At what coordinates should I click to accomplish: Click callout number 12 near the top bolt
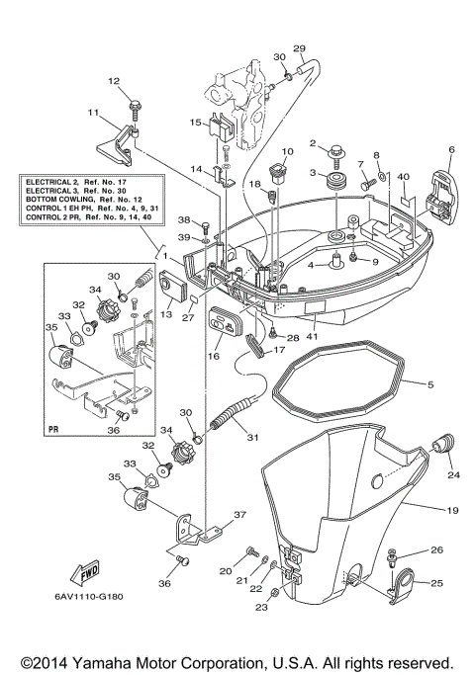113,81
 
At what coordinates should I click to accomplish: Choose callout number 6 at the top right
451,150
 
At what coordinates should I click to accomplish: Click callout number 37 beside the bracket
238,514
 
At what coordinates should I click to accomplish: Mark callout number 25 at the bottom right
437,584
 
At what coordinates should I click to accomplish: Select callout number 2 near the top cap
314,143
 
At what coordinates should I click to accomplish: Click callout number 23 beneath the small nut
262,609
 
